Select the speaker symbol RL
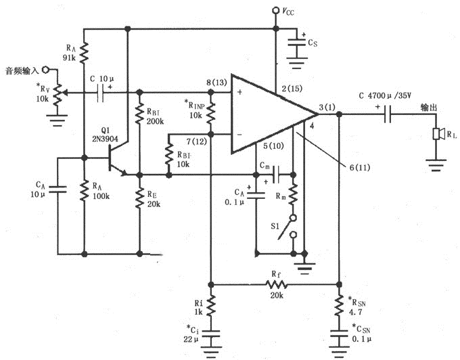pyautogui.click(x=437, y=133)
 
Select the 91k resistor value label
pyautogui.click(x=70, y=58)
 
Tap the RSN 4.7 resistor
pyautogui.click(x=338, y=305)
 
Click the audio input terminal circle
pyautogui.click(x=45, y=70)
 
